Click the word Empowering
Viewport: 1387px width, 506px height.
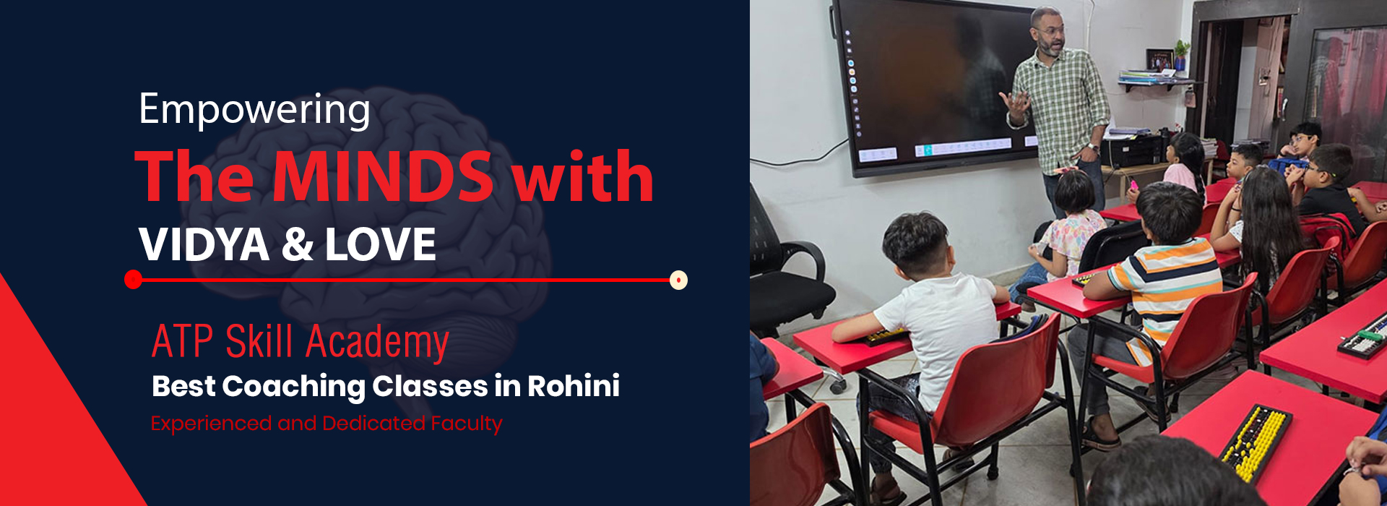[254, 111]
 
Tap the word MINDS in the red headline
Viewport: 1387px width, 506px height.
[383, 176]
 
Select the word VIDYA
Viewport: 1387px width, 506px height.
[204, 244]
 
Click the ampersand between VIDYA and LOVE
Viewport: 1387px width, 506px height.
[298, 244]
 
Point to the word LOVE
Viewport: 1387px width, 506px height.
[381, 244]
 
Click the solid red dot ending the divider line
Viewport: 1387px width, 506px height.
[133, 280]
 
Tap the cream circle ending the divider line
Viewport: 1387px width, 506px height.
[678, 280]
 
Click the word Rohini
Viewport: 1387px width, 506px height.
[574, 386]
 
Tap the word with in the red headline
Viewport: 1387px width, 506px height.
[582, 176]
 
